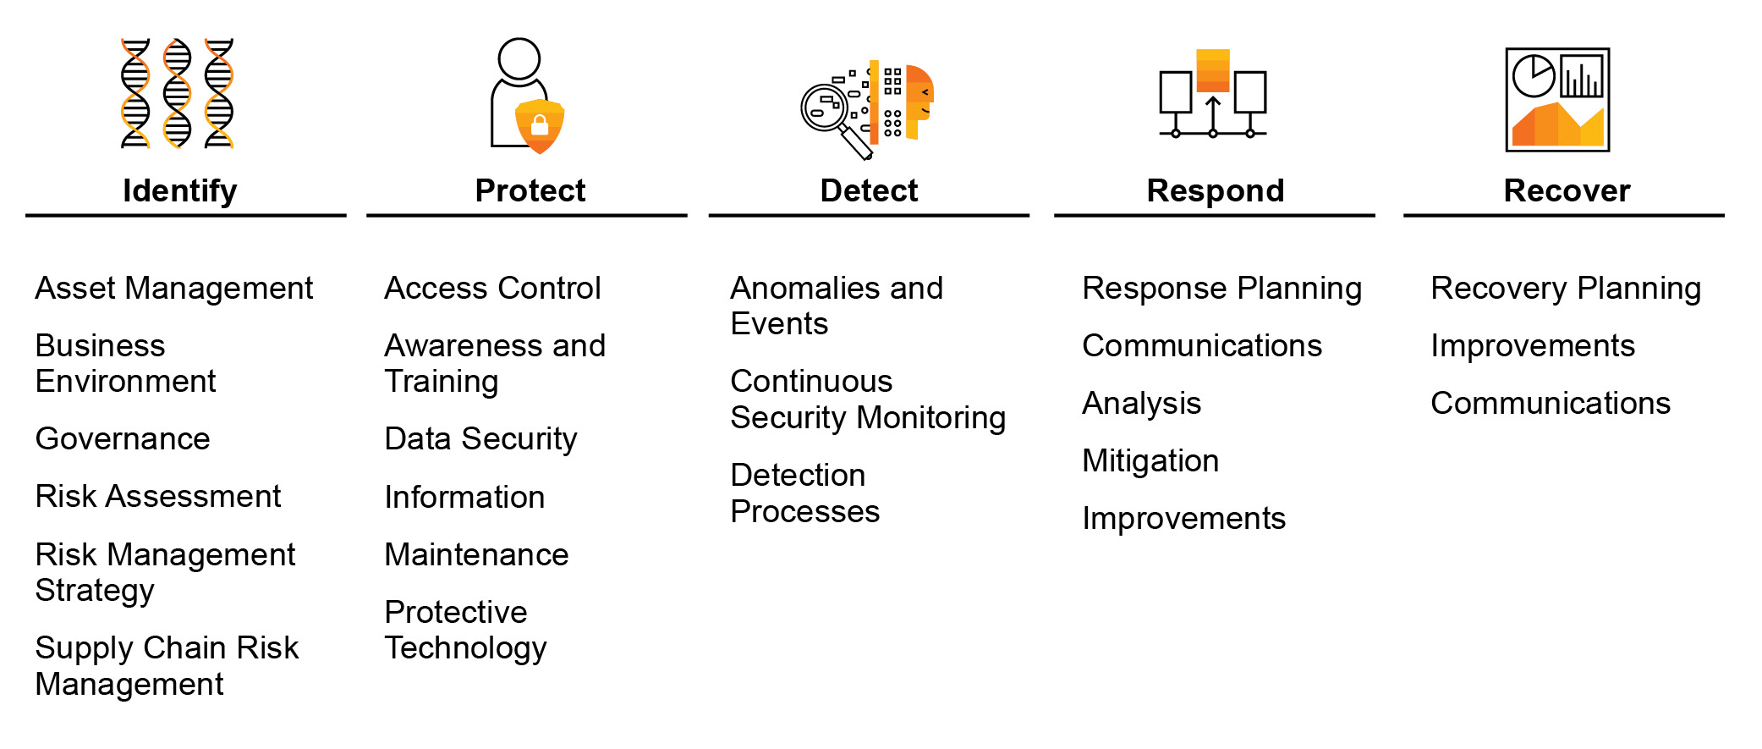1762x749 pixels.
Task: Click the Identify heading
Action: coord(179,191)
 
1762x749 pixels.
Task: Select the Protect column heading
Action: coord(530,191)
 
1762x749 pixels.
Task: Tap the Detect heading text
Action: coord(869,191)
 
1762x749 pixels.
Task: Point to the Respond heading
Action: coord(1215,191)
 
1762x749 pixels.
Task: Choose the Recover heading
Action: coord(1567,191)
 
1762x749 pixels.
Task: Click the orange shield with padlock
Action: coord(540,125)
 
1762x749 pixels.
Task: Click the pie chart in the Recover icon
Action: coord(1533,76)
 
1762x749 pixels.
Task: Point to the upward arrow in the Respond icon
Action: coord(1213,114)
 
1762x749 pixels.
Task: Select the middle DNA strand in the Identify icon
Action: coord(177,93)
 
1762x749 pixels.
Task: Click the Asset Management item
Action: coord(173,289)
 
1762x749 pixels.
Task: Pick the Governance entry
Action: coord(123,439)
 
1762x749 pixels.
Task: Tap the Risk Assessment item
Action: coord(158,497)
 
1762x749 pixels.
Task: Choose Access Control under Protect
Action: coord(492,289)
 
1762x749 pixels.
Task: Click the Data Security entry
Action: coord(480,439)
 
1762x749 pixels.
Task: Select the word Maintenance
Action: coord(476,555)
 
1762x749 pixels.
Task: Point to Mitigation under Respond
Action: coord(1150,461)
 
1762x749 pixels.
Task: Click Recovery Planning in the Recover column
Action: coord(1565,289)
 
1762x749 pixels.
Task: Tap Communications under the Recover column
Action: coord(1550,404)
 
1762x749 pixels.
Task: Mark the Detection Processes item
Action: coord(804,493)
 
